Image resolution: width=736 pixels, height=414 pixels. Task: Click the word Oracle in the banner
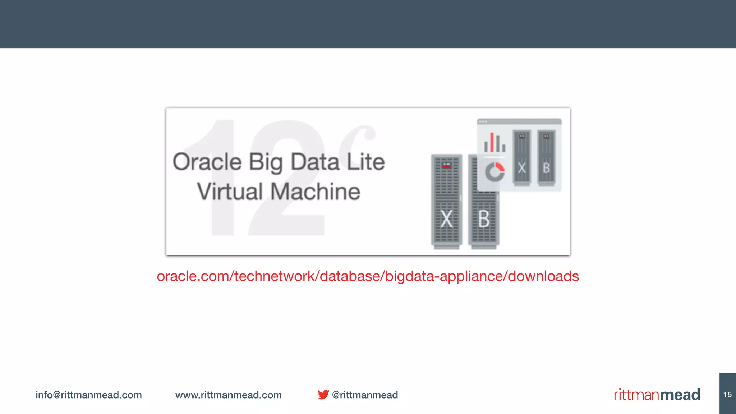pyautogui.click(x=207, y=162)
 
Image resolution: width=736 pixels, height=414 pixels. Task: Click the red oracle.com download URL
pyautogui.click(x=368, y=276)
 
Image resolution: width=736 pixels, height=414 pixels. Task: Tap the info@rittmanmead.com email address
pyautogui.click(x=88, y=395)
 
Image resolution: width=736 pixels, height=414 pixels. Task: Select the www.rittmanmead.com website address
pyautogui.click(x=228, y=395)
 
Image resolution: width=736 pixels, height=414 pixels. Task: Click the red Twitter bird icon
pyautogui.click(x=323, y=394)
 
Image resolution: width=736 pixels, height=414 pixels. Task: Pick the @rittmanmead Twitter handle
pyautogui.click(x=365, y=395)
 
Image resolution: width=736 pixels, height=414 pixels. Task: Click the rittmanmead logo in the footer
pyautogui.click(x=657, y=394)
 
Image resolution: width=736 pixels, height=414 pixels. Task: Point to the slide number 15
pyautogui.click(x=727, y=394)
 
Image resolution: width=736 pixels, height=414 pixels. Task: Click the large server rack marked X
pyautogui.click(x=446, y=201)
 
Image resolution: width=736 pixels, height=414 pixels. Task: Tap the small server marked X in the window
pyautogui.click(x=522, y=158)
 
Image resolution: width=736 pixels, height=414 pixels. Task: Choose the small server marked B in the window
pyautogui.click(x=546, y=158)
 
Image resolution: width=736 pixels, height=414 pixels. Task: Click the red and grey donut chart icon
pyautogui.click(x=495, y=172)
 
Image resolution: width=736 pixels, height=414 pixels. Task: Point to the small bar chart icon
pyautogui.click(x=494, y=143)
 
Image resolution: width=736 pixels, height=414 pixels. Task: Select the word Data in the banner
pyautogui.click(x=315, y=162)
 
